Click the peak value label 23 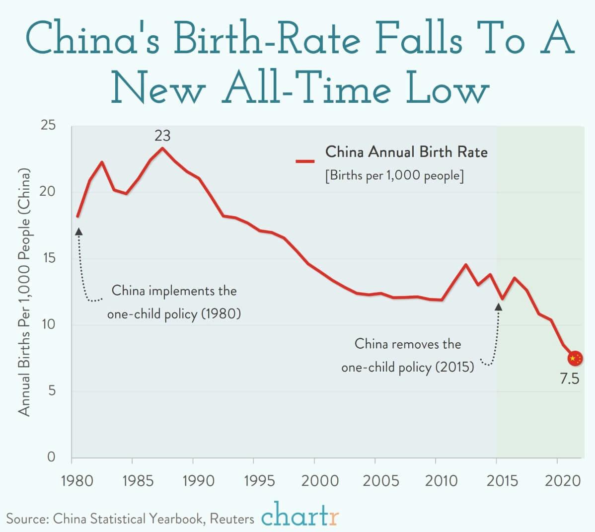tap(162, 136)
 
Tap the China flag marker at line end tap(575, 358)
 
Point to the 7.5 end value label tap(569, 379)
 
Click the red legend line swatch tap(305, 161)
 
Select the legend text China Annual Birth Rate tap(406, 152)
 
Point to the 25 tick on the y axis tap(48, 126)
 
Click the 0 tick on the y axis tap(51, 457)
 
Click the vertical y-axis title tap(24, 292)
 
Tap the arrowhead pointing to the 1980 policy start tap(78, 231)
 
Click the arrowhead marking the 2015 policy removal tap(499, 307)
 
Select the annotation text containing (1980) tap(174, 314)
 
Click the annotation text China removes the tap(407, 344)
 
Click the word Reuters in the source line tap(231, 519)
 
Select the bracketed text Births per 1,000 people tap(394, 176)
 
